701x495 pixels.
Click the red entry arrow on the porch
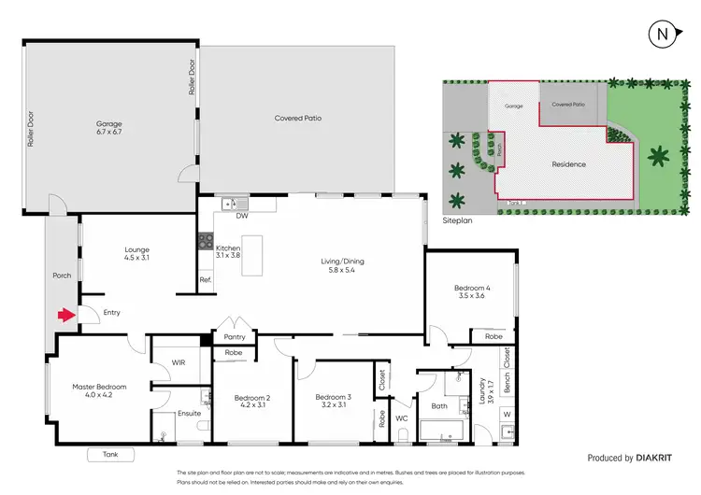click(65, 316)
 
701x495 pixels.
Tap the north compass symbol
click(662, 35)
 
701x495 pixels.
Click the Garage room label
click(109, 123)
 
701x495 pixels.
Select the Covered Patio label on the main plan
click(298, 119)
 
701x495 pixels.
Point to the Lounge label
click(137, 249)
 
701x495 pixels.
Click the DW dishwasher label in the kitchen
click(242, 215)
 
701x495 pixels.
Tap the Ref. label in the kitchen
click(206, 280)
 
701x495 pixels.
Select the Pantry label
click(234, 337)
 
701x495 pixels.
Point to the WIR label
click(179, 361)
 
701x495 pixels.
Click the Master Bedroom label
click(99, 387)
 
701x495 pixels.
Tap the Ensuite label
click(191, 412)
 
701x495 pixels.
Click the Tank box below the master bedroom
click(110, 455)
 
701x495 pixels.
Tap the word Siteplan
click(458, 222)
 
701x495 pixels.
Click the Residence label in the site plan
click(568, 164)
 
